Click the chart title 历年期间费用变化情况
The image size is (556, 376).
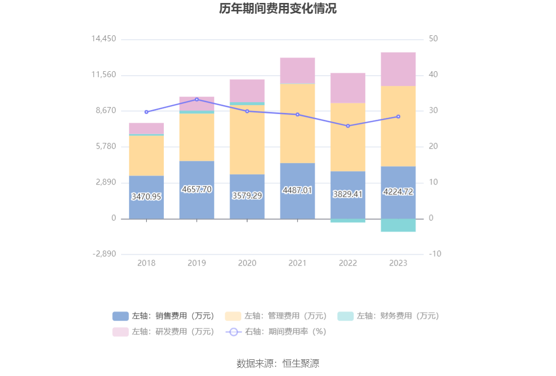point(278,9)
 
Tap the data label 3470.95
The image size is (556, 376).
point(147,196)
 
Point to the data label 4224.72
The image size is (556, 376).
point(398,192)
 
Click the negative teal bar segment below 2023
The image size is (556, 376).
point(398,225)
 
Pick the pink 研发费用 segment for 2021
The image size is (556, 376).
point(298,70)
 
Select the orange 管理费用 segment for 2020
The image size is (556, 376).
point(247,140)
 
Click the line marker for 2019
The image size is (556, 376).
point(197,100)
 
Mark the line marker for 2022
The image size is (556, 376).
point(348,126)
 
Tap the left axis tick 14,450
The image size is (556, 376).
point(103,39)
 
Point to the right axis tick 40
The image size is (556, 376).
point(434,75)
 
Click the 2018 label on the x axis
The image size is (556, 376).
point(147,263)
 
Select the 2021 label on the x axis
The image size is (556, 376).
point(298,263)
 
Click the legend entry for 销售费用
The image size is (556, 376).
point(164,316)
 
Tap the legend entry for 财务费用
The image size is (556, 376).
point(388,316)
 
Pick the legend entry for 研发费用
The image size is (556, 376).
point(164,332)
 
